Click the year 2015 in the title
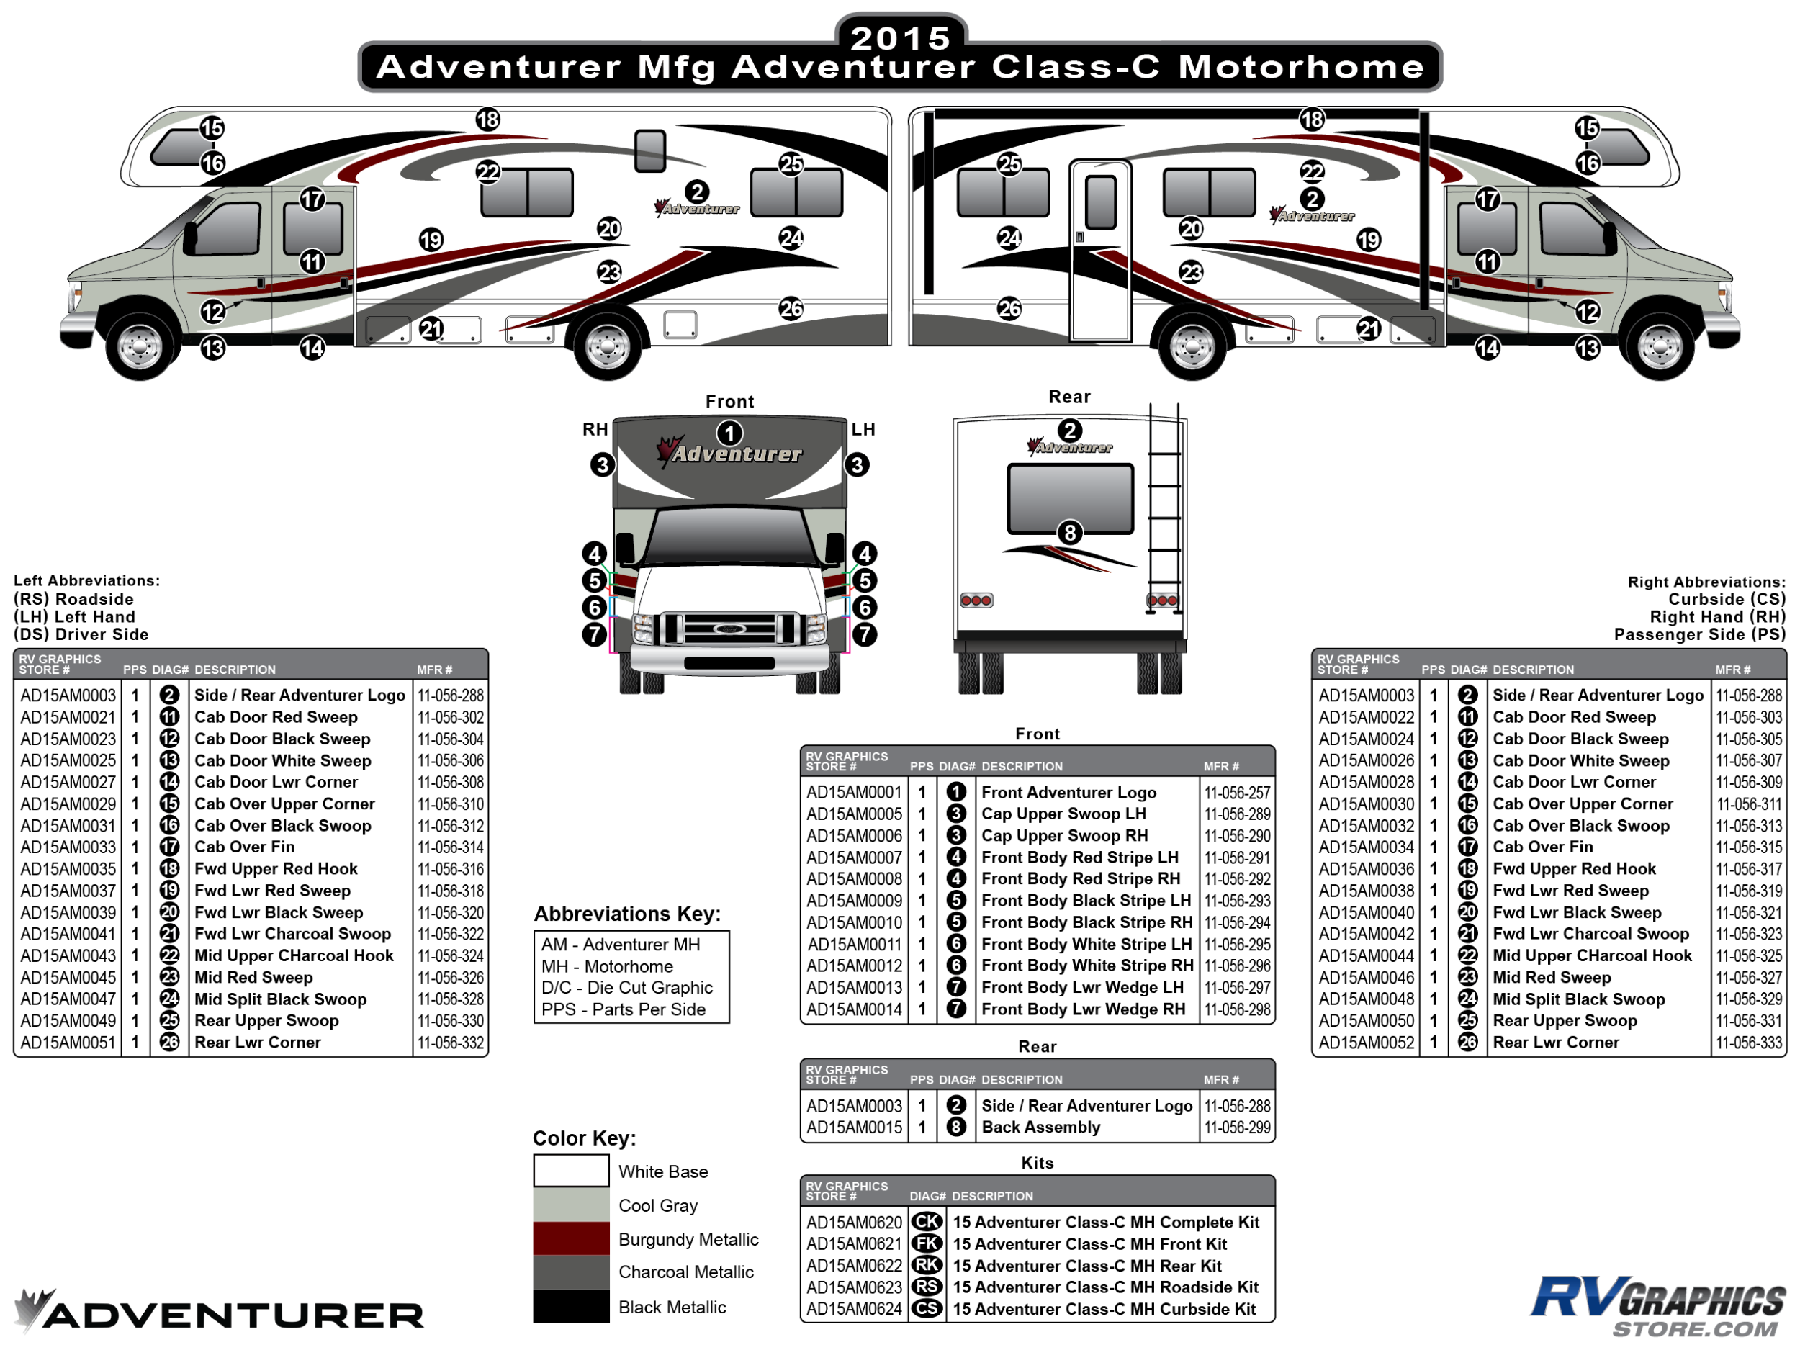pyautogui.click(x=900, y=37)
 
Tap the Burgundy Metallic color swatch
pyautogui.click(x=570, y=1238)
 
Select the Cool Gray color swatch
pyautogui.click(x=570, y=1205)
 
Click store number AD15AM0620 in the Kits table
pyautogui.click(x=855, y=1223)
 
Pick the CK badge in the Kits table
pyautogui.click(x=927, y=1223)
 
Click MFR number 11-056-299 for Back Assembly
pyautogui.click(x=1237, y=1127)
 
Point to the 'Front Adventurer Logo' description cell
pyautogui.click(x=1068, y=792)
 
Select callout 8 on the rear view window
pyautogui.click(x=1070, y=533)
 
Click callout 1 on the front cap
pyautogui.click(x=730, y=433)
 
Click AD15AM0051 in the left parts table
pyautogui.click(x=68, y=1043)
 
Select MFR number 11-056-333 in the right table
pyautogui.click(x=1749, y=1043)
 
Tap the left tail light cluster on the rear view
pyautogui.click(x=976, y=600)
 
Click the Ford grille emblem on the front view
pyautogui.click(x=724, y=629)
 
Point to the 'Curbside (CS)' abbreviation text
pyautogui.click(x=1727, y=599)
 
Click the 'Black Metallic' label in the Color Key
pyautogui.click(x=672, y=1307)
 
